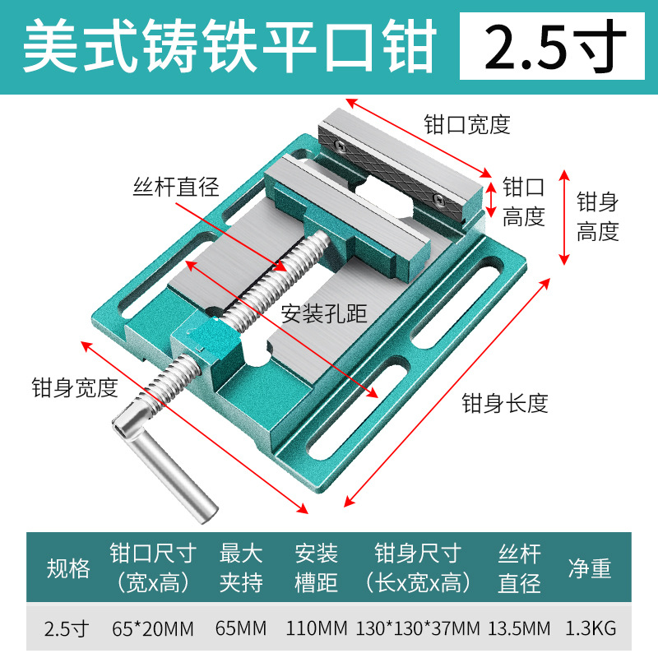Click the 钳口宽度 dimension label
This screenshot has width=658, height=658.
point(467,124)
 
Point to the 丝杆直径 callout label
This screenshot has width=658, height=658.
point(176,187)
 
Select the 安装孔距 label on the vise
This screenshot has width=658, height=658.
point(324,313)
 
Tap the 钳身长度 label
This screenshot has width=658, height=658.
point(504,403)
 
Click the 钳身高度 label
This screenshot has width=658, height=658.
point(597,216)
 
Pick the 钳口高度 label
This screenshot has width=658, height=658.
point(524,202)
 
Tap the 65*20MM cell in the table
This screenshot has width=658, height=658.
point(152,629)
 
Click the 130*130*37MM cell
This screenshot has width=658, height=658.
point(418,629)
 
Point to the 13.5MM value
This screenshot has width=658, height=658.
point(519,629)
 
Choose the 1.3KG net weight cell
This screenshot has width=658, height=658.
point(591,629)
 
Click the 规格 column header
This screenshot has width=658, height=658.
point(68,568)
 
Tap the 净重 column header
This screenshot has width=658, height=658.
point(590,568)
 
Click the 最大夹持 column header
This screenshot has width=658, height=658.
point(241,568)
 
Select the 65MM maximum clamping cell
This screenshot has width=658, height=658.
point(241,629)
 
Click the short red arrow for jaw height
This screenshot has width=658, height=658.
point(491,198)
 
